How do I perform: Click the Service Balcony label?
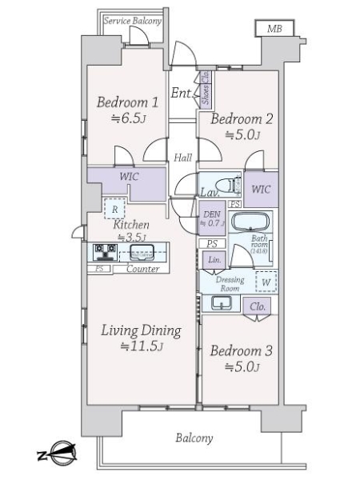(x=133, y=21)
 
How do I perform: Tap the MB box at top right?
(x=275, y=29)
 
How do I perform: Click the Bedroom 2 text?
(x=242, y=120)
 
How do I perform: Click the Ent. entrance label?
(x=182, y=94)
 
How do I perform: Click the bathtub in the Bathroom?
(x=251, y=222)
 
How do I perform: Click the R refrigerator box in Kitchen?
(x=116, y=207)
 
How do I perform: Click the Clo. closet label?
(x=258, y=306)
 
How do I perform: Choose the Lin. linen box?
(x=214, y=261)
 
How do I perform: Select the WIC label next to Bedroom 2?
(x=261, y=190)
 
